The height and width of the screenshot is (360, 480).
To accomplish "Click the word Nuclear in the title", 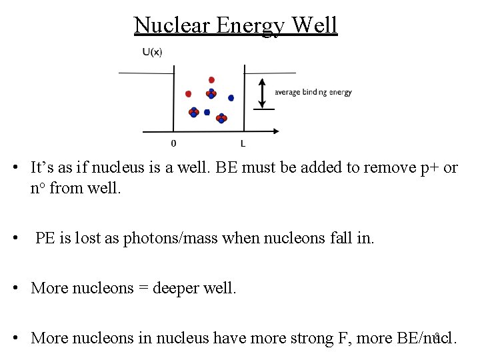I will click(x=172, y=25).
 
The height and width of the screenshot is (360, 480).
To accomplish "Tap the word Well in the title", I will click(x=314, y=25).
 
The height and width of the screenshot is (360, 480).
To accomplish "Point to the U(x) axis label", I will click(x=151, y=53).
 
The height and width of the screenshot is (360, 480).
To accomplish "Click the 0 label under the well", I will click(x=174, y=143).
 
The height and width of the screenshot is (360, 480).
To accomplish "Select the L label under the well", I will click(x=243, y=143).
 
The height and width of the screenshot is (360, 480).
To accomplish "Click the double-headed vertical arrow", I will click(x=265, y=93).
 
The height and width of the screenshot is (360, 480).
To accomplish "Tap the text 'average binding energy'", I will click(x=313, y=93).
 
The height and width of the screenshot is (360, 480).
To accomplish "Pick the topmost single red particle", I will click(x=211, y=80).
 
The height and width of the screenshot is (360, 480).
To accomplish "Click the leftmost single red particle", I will click(x=188, y=94).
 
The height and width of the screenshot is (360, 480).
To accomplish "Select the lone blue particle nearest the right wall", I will click(x=231, y=98).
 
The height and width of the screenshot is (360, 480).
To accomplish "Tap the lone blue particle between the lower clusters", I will click(x=207, y=112).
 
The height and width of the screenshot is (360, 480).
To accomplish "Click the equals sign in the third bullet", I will click(x=143, y=289).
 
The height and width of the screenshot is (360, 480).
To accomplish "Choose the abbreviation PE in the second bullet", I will click(x=45, y=238).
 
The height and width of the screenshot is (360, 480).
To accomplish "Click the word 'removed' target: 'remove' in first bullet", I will click(x=377, y=167).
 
